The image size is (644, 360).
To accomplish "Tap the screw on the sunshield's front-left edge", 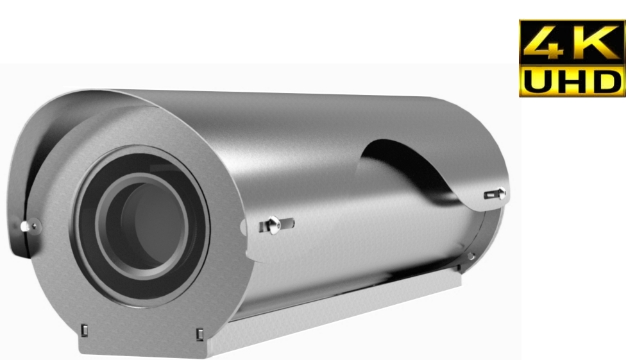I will point(25,226).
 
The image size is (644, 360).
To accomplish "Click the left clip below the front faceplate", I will point(85,332).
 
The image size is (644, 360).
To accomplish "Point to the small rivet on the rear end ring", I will point(471,256).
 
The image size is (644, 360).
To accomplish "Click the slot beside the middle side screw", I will point(287,223).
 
